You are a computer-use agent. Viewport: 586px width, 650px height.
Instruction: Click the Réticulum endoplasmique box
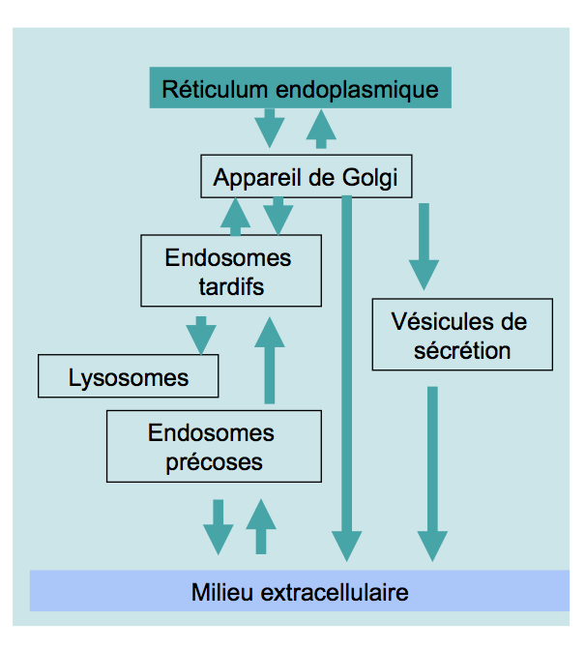pos(300,90)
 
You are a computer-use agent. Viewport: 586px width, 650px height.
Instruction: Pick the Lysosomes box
pos(128,376)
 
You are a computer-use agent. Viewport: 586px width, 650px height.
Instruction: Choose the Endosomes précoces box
pos(213,446)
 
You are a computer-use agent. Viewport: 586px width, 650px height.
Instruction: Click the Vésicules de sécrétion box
pos(462,335)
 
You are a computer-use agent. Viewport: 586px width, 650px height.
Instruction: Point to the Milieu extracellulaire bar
pos(299,591)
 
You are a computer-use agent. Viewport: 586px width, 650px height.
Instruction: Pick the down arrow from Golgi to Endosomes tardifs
pos(278,215)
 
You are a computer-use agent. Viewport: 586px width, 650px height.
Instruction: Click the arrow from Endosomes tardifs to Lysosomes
pos(201,335)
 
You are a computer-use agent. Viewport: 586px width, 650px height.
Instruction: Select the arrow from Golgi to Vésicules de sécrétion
pos(424,244)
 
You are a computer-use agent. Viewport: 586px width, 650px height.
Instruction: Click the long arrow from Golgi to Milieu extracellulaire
pos(346,377)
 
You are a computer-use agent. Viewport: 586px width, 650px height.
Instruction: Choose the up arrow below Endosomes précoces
pos(260,526)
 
